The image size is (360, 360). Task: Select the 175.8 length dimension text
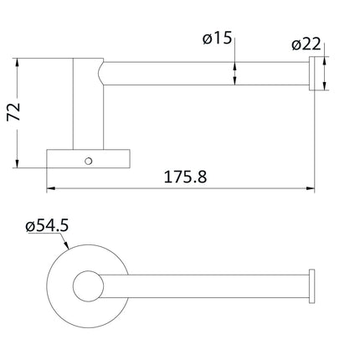pyautogui.click(x=180, y=177)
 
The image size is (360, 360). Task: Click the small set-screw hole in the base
pyautogui.click(x=86, y=157)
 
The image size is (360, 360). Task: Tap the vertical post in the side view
pyautogui.click(x=86, y=105)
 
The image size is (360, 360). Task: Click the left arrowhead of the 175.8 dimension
pyautogui.click(x=50, y=189)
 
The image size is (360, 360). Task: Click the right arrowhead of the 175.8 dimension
pyautogui.click(x=311, y=189)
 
